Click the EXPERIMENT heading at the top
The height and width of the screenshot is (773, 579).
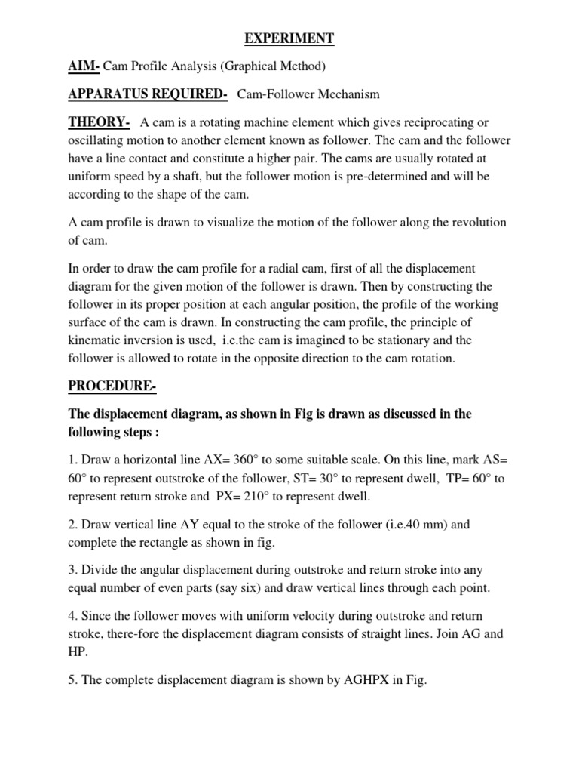[289, 38]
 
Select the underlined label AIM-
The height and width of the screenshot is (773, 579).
[84, 66]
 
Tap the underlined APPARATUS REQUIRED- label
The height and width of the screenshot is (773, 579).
[148, 94]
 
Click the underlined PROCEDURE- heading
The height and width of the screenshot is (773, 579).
[112, 386]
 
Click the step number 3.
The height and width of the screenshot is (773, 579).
[72, 570]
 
